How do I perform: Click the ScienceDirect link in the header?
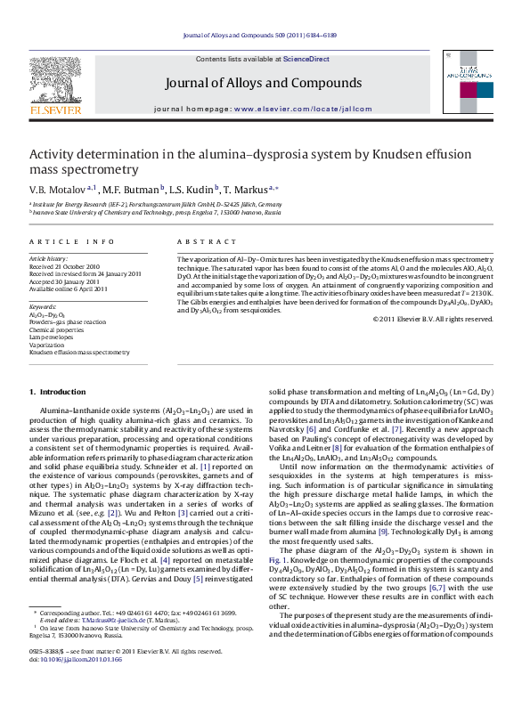(306, 59)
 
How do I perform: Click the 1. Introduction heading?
(58, 392)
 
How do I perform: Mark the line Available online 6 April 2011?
(69, 288)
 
